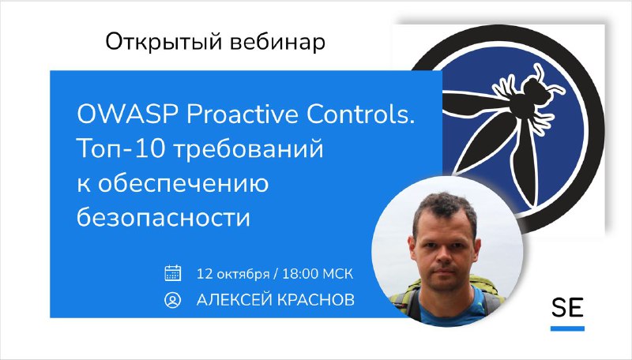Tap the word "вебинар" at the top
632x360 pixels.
tap(277, 43)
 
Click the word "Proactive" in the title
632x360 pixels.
tap(243, 114)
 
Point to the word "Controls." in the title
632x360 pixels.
tap(361, 114)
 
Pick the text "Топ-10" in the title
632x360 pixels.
tap(121, 148)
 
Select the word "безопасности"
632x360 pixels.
tap(164, 217)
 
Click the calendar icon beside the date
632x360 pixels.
tap(173, 273)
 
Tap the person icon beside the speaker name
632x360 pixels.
tap(173, 300)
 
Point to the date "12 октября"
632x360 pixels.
tap(233, 274)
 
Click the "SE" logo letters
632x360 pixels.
tap(567, 308)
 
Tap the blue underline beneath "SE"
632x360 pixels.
tap(567, 328)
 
